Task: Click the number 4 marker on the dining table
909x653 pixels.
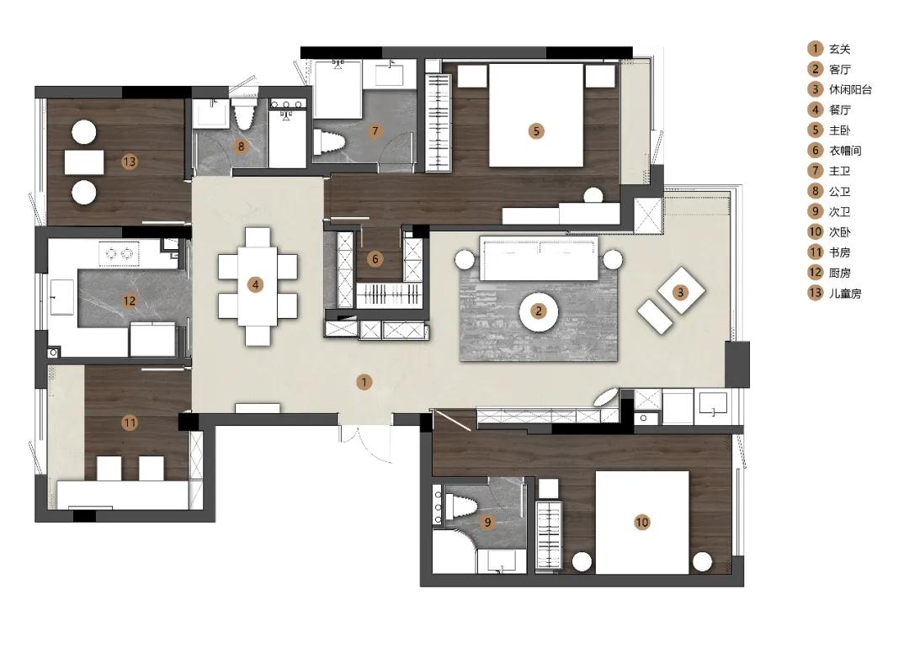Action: [x=255, y=284]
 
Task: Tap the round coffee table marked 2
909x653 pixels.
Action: [x=539, y=311]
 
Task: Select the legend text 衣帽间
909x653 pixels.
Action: [x=845, y=151]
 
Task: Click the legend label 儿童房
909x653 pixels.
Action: [x=845, y=293]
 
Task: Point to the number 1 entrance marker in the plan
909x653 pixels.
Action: [x=364, y=382]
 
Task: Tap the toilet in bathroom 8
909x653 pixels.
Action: [x=243, y=116]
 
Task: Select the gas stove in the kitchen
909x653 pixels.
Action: [x=120, y=253]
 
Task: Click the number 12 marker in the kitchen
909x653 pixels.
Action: [x=129, y=300]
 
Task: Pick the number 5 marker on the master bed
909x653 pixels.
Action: [x=536, y=131]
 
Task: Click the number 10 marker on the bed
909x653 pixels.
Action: [x=641, y=522]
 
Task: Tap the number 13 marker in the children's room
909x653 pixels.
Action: [x=130, y=161]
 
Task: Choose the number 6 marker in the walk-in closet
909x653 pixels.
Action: [x=375, y=258]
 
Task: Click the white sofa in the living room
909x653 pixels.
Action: [x=540, y=258]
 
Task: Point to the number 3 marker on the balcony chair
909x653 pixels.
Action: [x=681, y=292]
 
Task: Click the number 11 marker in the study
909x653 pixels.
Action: [x=130, y=423]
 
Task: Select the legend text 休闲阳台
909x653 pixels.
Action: [x=850, y=90]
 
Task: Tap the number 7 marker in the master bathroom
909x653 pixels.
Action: [x=375, y=131]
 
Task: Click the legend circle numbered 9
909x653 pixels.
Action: [x=815, y=211]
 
